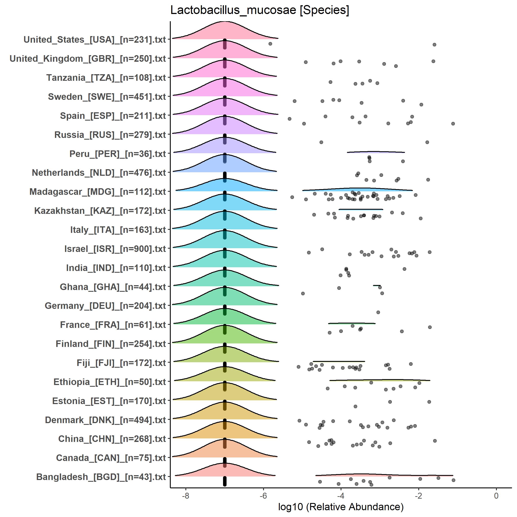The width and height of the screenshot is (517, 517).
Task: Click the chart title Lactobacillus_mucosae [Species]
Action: [x=260, y=11]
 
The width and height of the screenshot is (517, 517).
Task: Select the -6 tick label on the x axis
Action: [x=263, y=496]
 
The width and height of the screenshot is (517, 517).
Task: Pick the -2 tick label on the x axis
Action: [x=419, y=496]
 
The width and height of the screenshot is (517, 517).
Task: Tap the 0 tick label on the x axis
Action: [x=496, y=496]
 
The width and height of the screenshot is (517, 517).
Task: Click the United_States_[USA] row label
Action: [x=95, y=40]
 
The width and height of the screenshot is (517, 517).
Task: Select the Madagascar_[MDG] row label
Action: [x=98, y=192]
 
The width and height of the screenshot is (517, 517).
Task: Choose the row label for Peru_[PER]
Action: [x=118, y=154]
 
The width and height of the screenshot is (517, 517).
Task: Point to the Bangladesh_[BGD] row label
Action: [x=101, y=477]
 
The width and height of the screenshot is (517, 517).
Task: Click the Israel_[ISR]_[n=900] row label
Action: [x=115, y=249]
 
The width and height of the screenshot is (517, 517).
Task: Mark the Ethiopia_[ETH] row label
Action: [x=110, y=382]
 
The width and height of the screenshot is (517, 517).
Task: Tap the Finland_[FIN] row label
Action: [x=111, y=344]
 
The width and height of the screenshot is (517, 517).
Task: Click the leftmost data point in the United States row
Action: [x=270, y=44]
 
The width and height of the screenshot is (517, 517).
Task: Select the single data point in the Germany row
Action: [x=378, y=312]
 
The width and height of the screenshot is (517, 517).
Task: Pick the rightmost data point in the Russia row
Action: [x=427, y=142]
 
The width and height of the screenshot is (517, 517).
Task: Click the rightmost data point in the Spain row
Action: [x=453, y=124]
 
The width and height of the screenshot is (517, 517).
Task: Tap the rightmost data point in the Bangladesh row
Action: [x=453, y=480]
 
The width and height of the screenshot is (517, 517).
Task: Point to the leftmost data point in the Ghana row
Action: [x=303, y=294]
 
